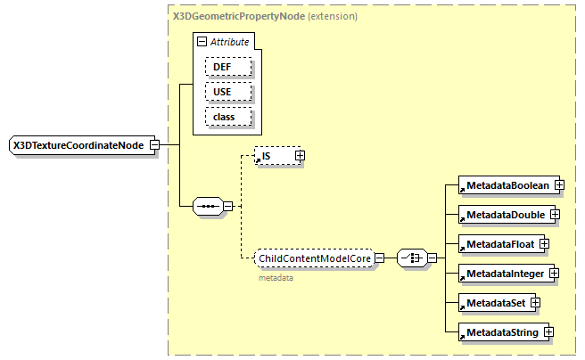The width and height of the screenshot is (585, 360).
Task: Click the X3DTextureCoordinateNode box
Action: coord(78,144)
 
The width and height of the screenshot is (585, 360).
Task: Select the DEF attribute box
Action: coord(227,67)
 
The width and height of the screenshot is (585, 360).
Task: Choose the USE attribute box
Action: coord(227,92)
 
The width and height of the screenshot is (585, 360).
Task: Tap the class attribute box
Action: coord(227,117)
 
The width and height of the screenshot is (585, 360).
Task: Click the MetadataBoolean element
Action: coord(505,185)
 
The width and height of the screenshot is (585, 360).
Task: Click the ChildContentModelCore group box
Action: coord(313,258)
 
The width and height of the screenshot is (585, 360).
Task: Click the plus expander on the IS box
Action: coord(300,156)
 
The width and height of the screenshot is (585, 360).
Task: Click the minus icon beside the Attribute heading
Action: coord(202,41)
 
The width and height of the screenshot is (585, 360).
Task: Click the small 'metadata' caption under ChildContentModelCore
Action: coord(276,278)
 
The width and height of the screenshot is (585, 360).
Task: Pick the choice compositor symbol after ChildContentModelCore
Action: coord(411,258)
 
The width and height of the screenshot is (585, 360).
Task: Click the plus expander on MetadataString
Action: coord(549,332)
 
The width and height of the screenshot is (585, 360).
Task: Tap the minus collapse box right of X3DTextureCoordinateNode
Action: coord(154,144)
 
